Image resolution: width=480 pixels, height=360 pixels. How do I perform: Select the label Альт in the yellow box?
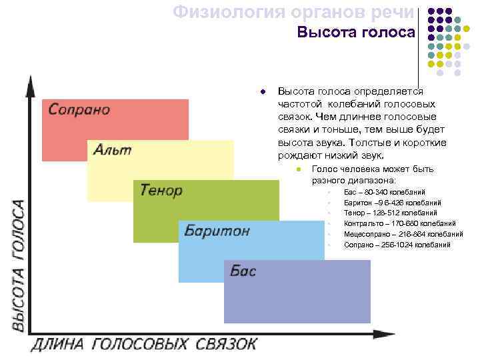pyautogui.click(x=112, y=149)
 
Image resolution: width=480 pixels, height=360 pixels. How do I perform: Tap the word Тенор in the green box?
pyautogui.click(x=161, y=190)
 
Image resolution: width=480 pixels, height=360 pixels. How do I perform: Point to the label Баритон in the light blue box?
pyautogui.click(x=217, y=231)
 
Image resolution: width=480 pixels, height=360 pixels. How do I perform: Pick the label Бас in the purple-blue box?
pyautogui.click(x=243, y=271)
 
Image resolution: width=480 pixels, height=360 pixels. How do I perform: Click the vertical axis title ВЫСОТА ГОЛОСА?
pyautogui.click(x=18, y=265)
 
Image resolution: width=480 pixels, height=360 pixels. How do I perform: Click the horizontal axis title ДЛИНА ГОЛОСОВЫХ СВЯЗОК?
pyautogui.click(x=143, y=344)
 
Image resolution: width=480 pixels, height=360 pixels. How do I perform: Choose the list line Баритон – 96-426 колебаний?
pyautogui.click(x=392, y=203)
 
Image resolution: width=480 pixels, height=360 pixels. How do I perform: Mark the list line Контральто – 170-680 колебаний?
pyautogui.click(x=399, y=223)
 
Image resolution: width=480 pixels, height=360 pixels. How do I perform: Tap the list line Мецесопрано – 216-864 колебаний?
pyautogui.click(x=403, y=234)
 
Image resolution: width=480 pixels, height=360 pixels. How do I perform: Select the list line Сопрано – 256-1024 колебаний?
pyautogui.click(x=397, y=245)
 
